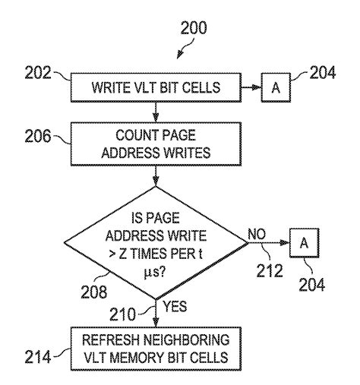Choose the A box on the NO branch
[x=304, y=243]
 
